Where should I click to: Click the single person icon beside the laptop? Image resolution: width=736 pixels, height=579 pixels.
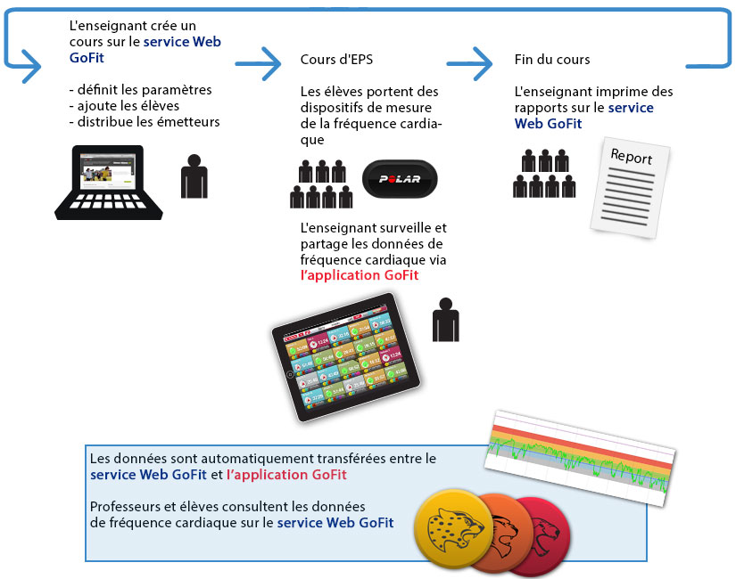click(194, 176)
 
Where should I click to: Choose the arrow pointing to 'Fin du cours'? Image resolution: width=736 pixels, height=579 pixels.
click(470, 64)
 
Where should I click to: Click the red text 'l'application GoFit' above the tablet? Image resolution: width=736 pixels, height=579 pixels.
click(360, 276)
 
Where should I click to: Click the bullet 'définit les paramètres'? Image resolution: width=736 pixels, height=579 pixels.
click(141, 90)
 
